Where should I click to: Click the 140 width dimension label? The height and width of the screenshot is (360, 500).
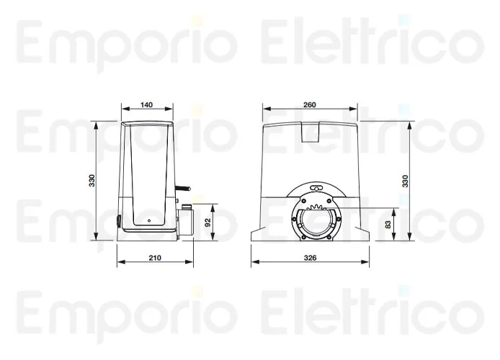(146, 105)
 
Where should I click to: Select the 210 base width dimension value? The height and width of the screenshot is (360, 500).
(153, 257)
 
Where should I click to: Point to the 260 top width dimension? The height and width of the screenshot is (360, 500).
(309, 105)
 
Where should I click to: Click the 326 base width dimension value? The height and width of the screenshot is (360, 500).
(311, 257)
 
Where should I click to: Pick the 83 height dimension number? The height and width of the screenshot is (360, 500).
(389, 224)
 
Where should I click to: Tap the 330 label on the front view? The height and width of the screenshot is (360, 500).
(405, 181)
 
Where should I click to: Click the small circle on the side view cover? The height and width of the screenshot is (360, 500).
(148, 220)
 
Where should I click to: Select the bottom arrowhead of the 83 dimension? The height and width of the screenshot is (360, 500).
(394, 238)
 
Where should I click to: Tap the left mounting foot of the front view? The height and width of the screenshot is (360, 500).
(258, 235)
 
